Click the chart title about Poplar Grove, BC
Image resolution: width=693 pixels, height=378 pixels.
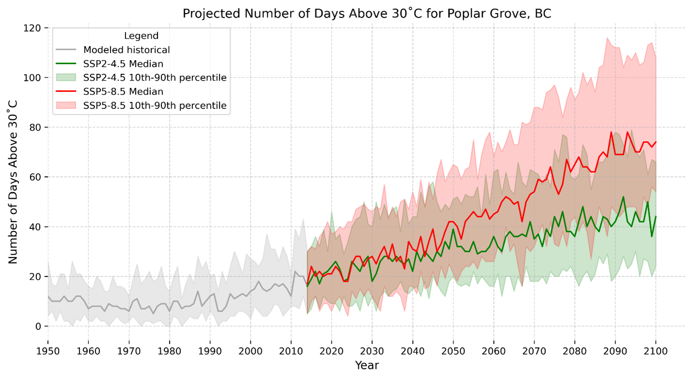pyautogui.click(x=367, y=14)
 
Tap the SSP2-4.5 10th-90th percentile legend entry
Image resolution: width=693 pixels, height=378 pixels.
pyautogui.click(x=155, y=78)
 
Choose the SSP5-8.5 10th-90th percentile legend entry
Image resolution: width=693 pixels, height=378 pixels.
pyautogui.click(x=155, y=105)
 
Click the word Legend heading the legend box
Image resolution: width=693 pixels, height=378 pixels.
pyautogui.click(x=141, y=35)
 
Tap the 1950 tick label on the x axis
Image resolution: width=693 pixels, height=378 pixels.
pyautogui.click(x=48, y=350)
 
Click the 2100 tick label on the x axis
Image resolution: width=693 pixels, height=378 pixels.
pyautogui.click(x=656, y=350)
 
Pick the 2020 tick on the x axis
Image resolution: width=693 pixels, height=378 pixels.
pyautogui.click(x=331, y=350)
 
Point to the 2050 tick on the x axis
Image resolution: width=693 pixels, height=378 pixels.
pyautogui.click(x=453, y=350)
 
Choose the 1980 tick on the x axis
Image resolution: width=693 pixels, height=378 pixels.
pyautogui.click(x=169, y=350)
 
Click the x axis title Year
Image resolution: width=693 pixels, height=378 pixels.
pyautogui.click(x=367, y=365)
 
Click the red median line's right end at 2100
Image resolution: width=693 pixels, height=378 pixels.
pyautogui.click(x=656, y=142)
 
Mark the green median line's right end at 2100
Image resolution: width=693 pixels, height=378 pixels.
pyautogui.click(x=656, y=217)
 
